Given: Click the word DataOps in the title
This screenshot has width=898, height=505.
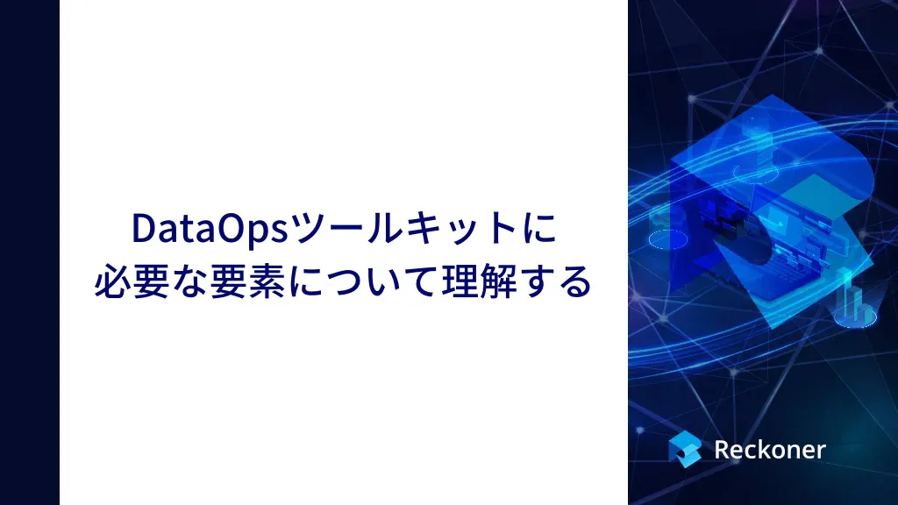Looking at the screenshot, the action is pos(210,229).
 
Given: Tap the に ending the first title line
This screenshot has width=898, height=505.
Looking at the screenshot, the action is pos(539,228).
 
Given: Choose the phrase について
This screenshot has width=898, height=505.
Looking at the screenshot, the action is pos(363,281).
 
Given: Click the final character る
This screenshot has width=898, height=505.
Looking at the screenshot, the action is pos(574,281).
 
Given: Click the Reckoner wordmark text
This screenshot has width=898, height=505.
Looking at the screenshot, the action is pos(770,450).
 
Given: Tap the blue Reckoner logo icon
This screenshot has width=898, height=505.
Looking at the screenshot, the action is pos(684,449).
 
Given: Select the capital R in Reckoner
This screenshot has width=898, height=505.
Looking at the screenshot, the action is pos(723,450).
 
